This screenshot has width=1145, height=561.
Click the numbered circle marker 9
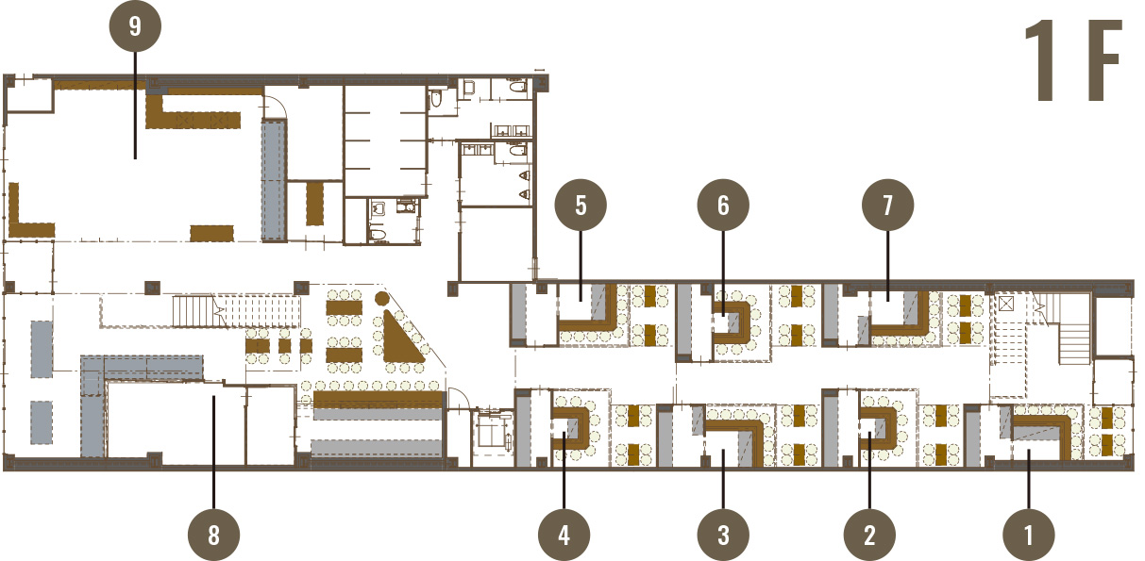click(135, 25)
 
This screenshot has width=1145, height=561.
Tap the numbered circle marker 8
click(213, 535)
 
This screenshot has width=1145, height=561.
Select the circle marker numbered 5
click(581, 205)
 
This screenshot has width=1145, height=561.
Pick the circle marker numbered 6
click(723, 205)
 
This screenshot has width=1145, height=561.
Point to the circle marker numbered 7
click(888, 205)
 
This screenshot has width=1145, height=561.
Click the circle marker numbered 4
click(564, 535)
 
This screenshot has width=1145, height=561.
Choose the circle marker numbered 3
click(723, 535)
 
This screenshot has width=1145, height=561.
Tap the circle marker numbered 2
click(869, 535)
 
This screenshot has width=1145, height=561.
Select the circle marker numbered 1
click(1029, 535)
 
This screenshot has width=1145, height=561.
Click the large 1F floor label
click(1072, 60)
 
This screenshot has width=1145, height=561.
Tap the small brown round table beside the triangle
click(381, 298)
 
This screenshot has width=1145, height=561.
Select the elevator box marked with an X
click(1005, 304)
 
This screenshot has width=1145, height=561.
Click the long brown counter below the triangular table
click(378, 400)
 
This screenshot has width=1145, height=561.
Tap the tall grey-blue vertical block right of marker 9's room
click(274, 180)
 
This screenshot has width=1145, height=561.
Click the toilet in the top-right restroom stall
click(517, 88)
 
